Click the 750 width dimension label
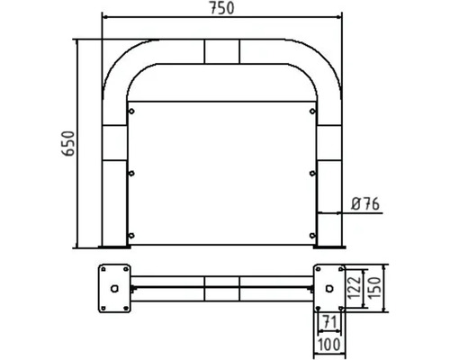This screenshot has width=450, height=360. click(221, 8)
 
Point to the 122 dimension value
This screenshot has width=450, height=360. click(358, 287)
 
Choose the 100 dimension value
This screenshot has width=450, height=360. click(328, 344)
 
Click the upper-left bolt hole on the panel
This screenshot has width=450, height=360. click(132, 112)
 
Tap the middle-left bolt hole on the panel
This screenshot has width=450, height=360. click(132, 172)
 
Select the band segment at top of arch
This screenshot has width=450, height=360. click(221, 51)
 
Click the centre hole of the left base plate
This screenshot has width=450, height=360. click(116, 288)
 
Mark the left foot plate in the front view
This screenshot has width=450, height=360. click(114, 246)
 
